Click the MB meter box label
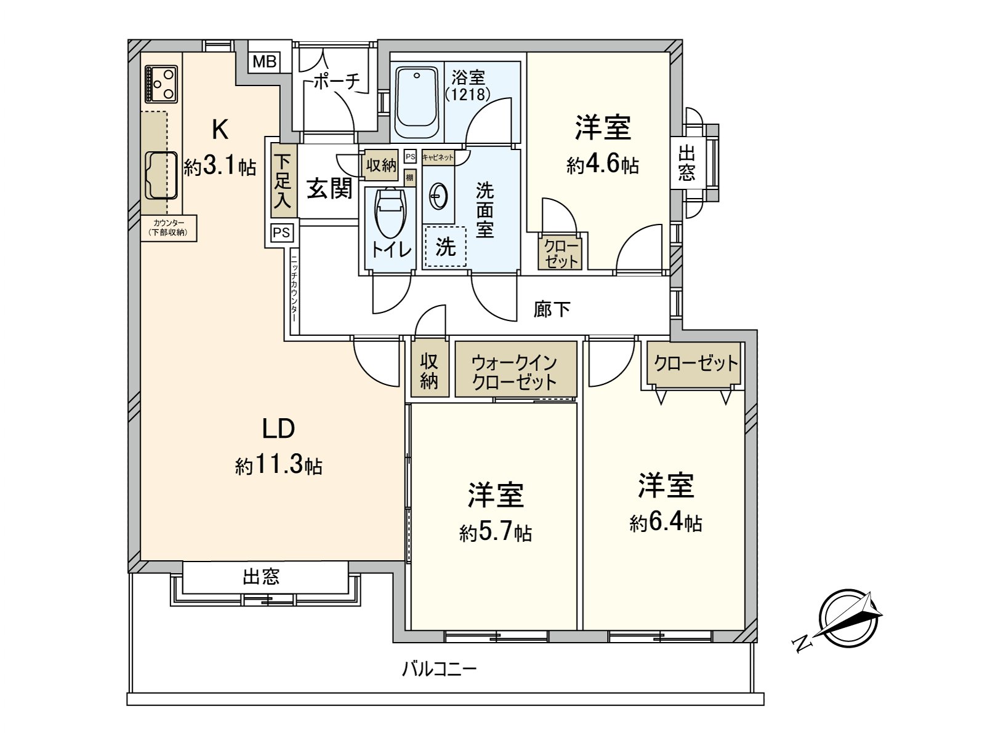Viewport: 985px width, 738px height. [265, 61]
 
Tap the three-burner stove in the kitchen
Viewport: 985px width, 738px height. [161, 84]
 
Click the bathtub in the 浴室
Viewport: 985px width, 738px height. [417, 103]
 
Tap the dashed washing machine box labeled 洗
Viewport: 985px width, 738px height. [444, 247]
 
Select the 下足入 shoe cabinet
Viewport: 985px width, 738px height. [283, 180]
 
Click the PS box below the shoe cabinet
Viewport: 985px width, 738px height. [281, 233]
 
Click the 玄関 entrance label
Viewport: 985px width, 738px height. [330, 188]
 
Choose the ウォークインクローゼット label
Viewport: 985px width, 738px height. [515, 371]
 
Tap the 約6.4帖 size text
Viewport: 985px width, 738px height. [665, 523]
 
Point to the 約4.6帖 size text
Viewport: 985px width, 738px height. [602, 165]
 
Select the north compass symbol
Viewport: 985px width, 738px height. [848, 619]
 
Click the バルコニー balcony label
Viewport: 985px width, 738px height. [440, 668]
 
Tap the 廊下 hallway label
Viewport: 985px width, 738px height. [551, 309]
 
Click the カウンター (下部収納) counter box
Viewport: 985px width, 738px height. [169, 228]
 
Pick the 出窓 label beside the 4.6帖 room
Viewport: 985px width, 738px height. [686, 162]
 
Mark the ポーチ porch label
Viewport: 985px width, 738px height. [336, 81]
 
